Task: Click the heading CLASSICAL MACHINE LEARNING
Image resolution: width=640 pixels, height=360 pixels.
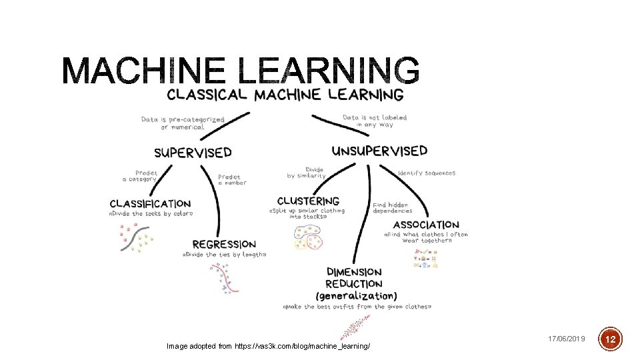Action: [285, 95]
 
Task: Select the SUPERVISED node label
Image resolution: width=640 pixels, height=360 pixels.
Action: [193, 153]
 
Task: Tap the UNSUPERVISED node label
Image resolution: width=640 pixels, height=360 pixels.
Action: [379, 151]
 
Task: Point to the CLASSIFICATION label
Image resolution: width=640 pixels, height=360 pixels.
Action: [150, 203]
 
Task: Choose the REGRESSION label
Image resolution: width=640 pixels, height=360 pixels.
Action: [224, 245]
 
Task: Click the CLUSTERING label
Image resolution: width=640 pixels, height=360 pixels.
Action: [308, 201]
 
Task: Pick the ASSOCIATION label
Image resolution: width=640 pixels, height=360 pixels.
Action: [426, 225]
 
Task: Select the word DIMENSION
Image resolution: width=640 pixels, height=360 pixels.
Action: [354, 272]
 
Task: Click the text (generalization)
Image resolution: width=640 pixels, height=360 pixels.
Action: [356, 295]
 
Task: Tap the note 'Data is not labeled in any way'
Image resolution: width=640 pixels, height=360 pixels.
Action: [375, 121]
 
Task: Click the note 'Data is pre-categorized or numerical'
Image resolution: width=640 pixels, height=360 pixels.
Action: [183, 123]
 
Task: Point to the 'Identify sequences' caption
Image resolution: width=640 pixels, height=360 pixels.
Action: [427, 173]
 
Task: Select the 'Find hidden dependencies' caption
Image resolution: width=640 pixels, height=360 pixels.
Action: [393, 208]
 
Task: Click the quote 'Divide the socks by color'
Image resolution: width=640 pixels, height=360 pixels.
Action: [151, 214]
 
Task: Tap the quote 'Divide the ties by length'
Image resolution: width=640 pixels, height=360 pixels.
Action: [224, 255]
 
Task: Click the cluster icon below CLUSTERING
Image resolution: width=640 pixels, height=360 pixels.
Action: [308, 237]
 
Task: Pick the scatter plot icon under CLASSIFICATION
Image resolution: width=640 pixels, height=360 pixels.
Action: [136, 238]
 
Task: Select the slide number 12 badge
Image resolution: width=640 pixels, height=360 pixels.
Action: [611, 339]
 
